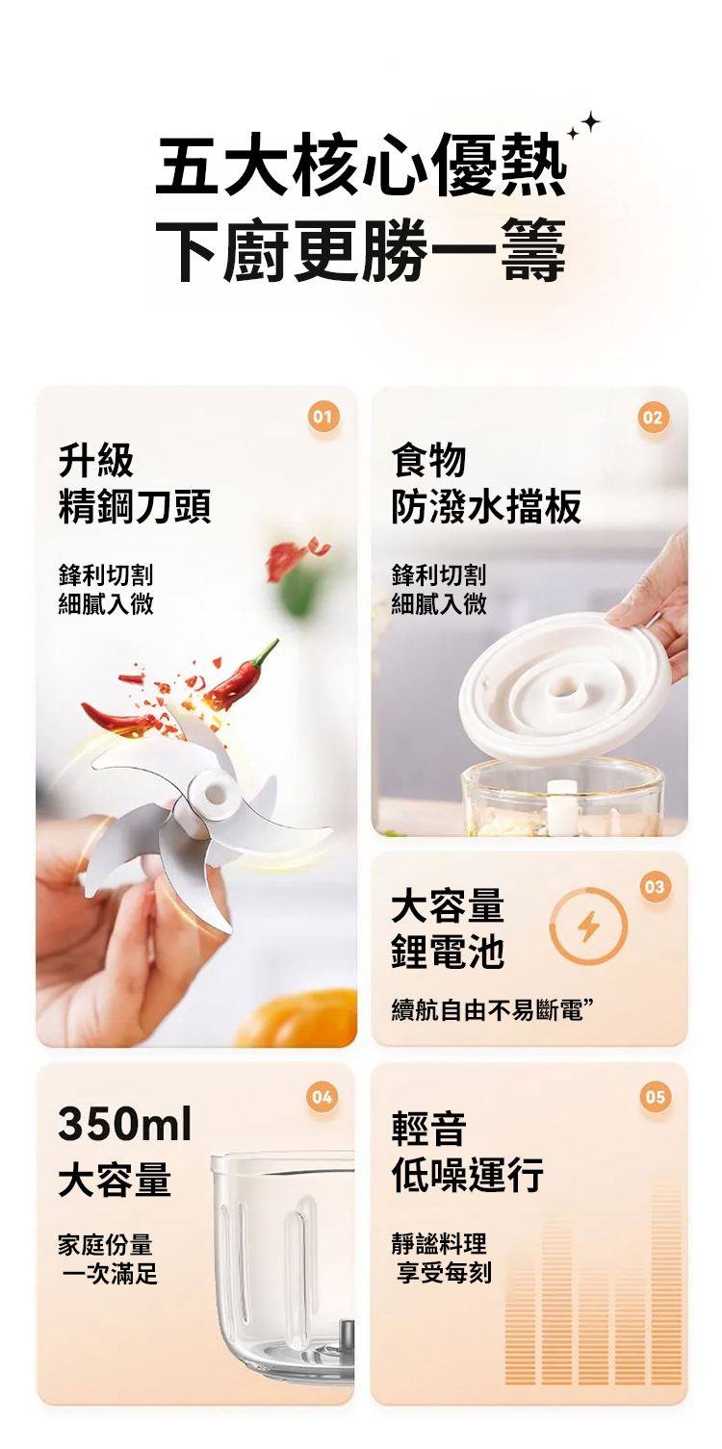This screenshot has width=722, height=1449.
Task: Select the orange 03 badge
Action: (x=654, y=885)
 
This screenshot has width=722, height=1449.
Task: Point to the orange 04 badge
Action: (x=322, y=1097)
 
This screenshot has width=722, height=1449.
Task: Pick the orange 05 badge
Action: (x=655, y=1097)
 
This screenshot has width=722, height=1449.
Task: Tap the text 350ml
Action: (x=125, y=1125)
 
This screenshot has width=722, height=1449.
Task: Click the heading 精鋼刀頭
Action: (x=135, y=506)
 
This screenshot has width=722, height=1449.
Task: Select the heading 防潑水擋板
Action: (x=486, y=506)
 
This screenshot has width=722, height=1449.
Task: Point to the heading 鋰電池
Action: (x=448, y=952)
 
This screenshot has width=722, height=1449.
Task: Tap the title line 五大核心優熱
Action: (x=361, y=165)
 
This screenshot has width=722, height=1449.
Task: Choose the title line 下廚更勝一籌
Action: (x=361, y=251)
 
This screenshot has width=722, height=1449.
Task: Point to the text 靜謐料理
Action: (x=439, y=1243)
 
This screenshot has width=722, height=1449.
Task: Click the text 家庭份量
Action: (x=106, y=1243)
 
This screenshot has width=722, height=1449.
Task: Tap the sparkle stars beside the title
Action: (x=583, y=125)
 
